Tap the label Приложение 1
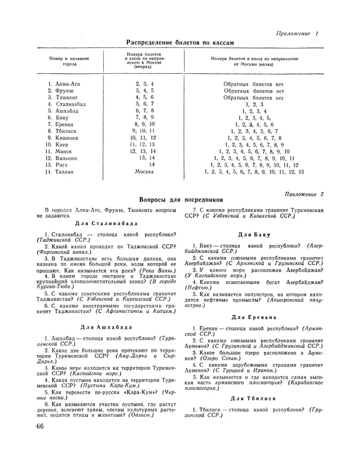[x=301, y=32]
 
